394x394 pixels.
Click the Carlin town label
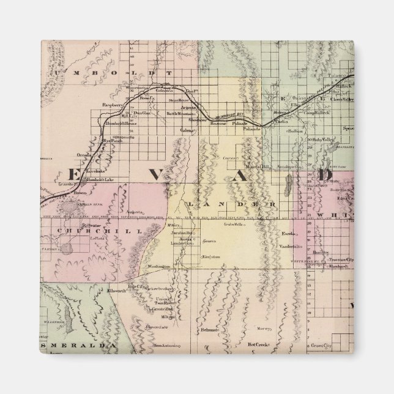pos(282,122)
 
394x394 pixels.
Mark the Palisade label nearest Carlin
pos(251,129)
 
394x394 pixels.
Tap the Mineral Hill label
pos(258,166)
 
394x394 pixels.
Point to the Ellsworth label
pos(116,291)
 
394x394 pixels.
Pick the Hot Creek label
pos(259,344)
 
